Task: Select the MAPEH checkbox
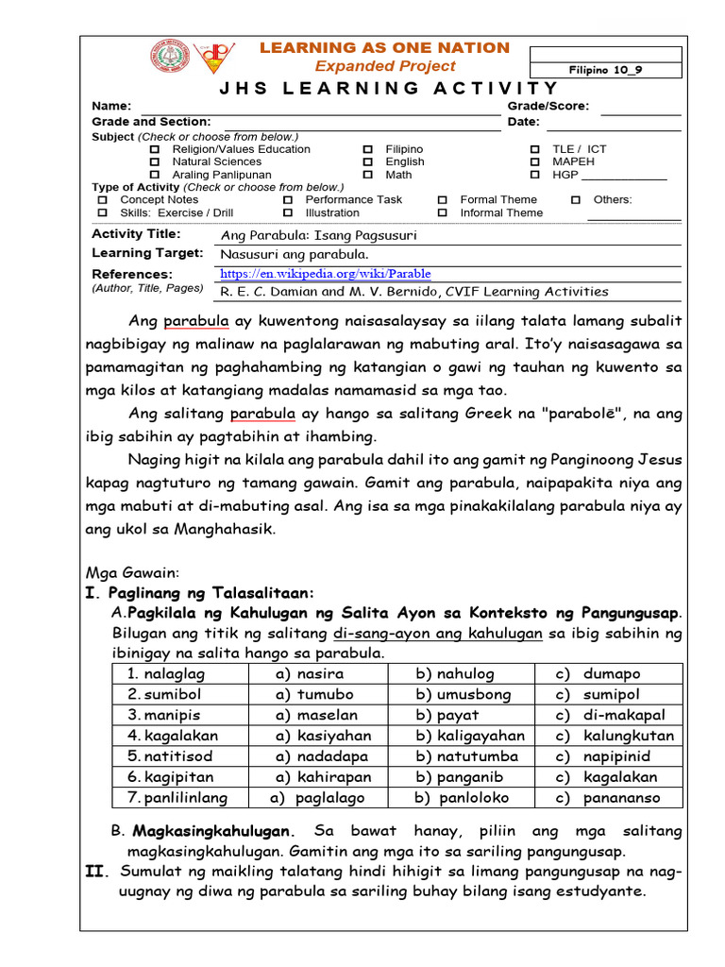(534, 161)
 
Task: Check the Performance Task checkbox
(287, 200)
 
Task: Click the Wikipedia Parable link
(325, 274)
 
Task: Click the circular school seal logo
(170, 57)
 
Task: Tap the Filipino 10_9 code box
(606, 70)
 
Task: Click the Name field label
(111, 107)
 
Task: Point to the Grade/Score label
(548, 107)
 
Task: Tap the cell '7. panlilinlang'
(177, 798)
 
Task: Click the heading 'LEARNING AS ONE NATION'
(384, 47)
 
